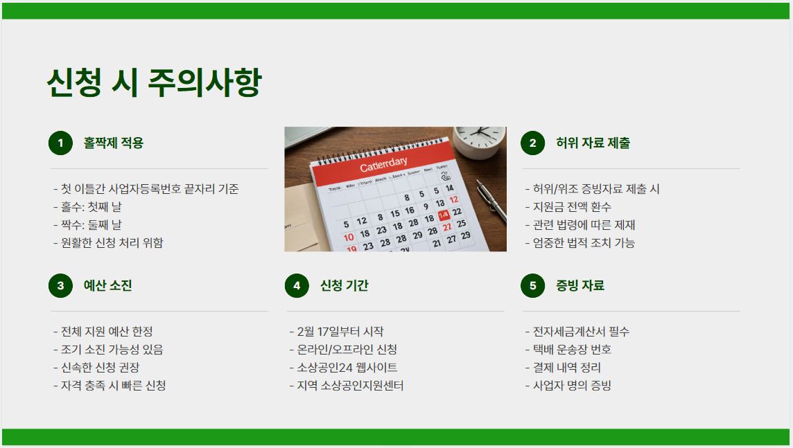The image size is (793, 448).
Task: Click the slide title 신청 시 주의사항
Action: (x=154, y=83)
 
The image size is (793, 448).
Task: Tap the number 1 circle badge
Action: (x=60, y=143)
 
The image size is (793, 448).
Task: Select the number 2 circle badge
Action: (x=532, y=143)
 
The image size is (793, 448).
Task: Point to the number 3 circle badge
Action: (x=60, y=285)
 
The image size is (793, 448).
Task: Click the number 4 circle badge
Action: (x=297, y=285)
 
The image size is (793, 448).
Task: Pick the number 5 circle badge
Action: (x=532, y=285)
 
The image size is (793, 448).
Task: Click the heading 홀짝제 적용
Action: (x=114, y=143)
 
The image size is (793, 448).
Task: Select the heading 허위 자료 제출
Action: (x=593, y=143)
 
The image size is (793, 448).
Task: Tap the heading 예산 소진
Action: (x=108, y=285)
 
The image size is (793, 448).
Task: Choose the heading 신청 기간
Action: (x=345, y=285)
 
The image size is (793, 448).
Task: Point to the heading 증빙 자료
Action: (x=580, y=285)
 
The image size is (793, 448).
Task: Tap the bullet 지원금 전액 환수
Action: (x=568, y=207)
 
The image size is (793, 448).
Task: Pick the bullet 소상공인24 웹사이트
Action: (x=343, y=368)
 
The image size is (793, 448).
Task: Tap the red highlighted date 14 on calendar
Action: (x=444, y=215)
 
